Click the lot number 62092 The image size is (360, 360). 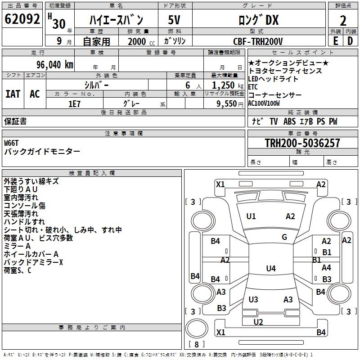coord(22,19)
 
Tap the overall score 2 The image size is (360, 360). coord(343,21)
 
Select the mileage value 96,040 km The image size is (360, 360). coord(54,65)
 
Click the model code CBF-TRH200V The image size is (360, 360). coord(258,41)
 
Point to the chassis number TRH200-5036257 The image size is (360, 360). coord(302,143)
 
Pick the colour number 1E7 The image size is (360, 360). coord(74,104)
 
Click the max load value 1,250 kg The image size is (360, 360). coord(228,85)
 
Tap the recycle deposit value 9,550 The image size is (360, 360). coord(227,104)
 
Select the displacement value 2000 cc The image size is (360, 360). coord(141,41)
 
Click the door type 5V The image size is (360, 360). coord(174,20)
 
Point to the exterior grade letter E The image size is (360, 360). coord(336,41)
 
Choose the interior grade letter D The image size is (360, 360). coord(350,41)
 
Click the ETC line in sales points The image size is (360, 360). coord(253,87)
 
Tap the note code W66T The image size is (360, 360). coord(11,143)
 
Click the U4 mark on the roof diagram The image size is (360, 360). coord(271,268)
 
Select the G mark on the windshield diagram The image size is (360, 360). coord(284,237)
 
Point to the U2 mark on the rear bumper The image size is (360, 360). coord(258,322)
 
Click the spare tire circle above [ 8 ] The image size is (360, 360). coord(197,328)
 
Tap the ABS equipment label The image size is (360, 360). coord(289,121)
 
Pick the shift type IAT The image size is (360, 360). coord(13,94)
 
